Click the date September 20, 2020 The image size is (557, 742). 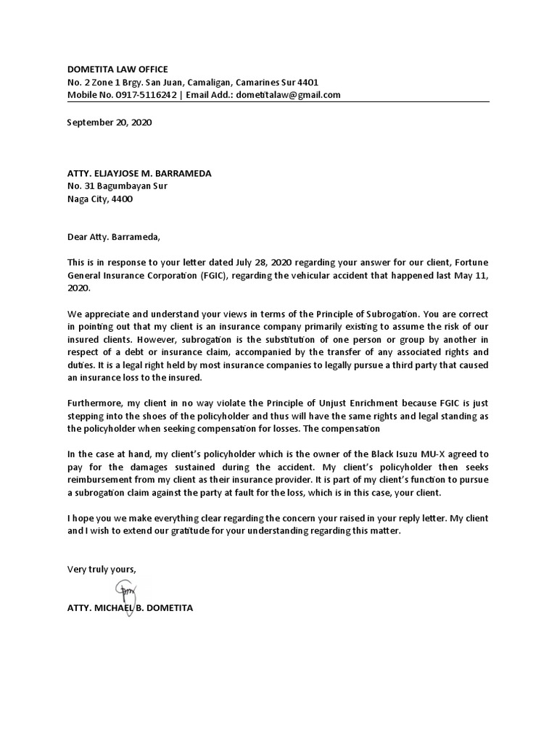click(x=110, y=123)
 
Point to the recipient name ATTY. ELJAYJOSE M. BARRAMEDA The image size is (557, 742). click(x=140, y=173)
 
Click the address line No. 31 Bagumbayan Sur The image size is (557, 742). click(x=117, y=186)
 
